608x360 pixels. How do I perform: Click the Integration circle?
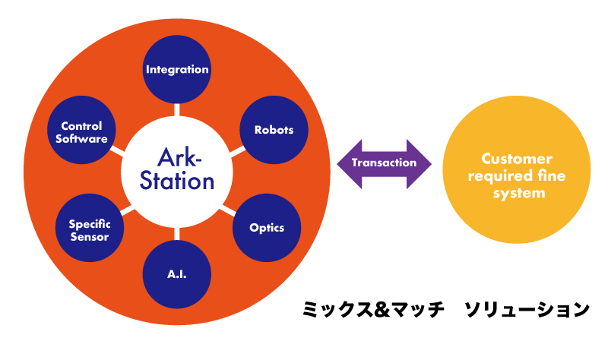point(177,69)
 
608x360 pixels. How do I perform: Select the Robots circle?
point(274,130)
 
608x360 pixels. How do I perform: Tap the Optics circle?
point(267,228)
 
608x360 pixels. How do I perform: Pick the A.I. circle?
point(177,274)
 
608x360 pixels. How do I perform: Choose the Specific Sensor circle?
point(90,228)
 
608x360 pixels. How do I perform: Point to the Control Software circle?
point(81,130)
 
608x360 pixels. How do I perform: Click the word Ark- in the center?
point(179,158)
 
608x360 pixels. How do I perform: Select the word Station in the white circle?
point(177,181)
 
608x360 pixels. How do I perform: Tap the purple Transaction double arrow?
point(385,164)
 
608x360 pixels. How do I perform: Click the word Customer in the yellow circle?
point(517,159)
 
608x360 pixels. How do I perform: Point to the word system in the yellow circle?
point(519,194)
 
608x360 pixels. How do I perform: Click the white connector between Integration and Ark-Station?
point(177,109)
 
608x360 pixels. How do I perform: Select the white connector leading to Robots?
point(237,151)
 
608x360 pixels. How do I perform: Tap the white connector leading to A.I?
point(177,234)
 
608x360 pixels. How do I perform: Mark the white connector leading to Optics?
point(228,210)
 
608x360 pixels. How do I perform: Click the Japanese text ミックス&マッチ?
point(373,310)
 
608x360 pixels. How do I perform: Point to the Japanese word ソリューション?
point(527,310)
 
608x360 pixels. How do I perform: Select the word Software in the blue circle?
point(81,139)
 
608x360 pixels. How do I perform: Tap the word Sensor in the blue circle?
point(90,237)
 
